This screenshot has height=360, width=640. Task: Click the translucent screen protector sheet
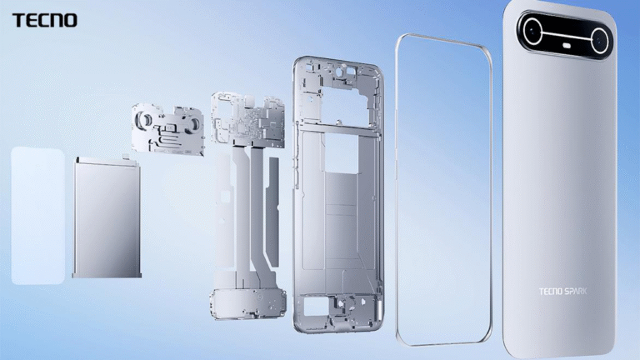pos(37,215)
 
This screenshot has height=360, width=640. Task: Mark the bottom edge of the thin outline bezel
pos(442,342)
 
